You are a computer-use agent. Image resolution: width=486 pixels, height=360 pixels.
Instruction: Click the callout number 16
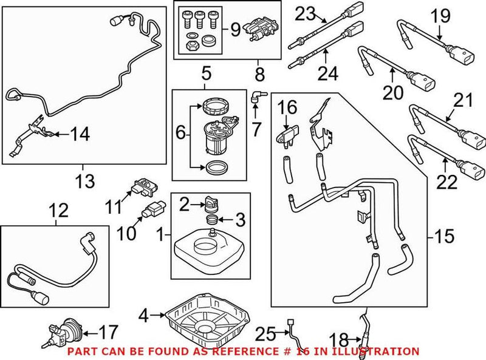click(287, 107)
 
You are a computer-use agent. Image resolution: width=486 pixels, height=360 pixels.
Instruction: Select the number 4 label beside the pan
click(143, 316)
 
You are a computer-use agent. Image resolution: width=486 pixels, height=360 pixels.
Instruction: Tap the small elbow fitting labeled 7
click(257, 95)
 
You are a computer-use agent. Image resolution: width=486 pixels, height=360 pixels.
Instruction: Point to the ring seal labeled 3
click(211, 219)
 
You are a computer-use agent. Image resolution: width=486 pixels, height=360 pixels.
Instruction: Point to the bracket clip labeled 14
click(36, 131)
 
